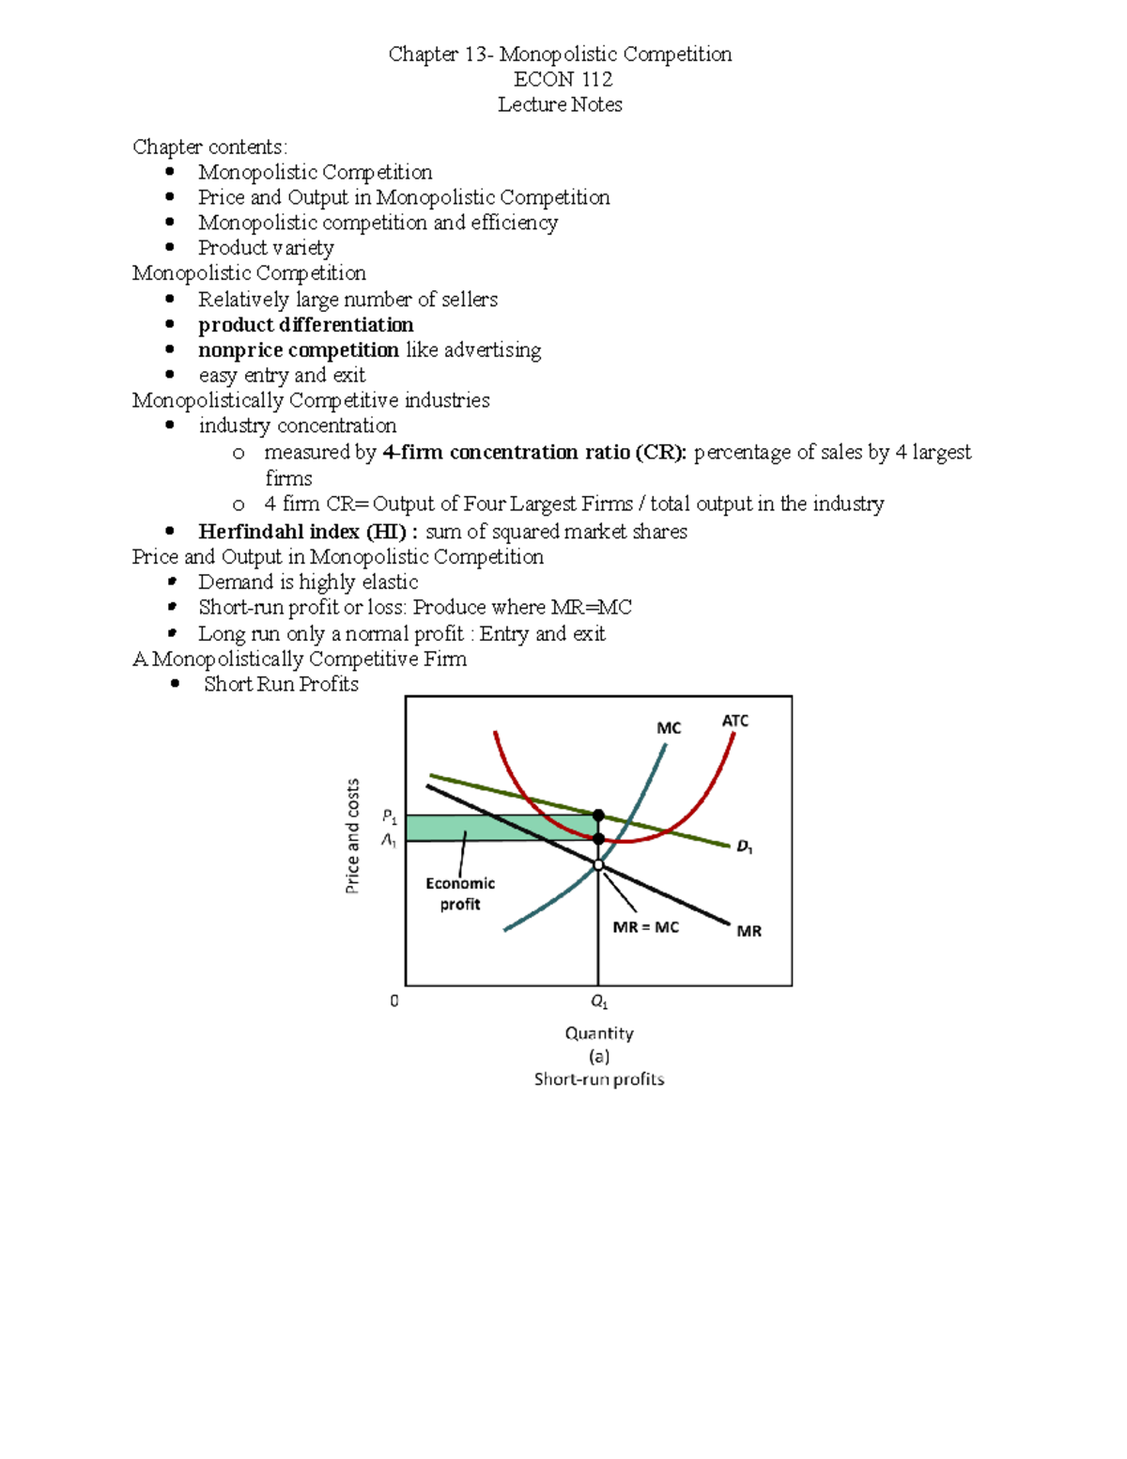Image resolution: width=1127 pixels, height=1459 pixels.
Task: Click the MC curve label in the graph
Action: (669, 728)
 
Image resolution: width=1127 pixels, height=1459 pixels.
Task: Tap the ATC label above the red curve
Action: (735, 721)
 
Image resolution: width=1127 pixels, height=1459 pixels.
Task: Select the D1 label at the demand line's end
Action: (744, 846)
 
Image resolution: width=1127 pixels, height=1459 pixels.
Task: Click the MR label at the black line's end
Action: (749, 931)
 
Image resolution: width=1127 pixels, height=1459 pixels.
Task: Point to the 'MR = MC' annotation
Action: (645, 927)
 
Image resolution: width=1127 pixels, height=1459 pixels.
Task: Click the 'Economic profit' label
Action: (460, 893)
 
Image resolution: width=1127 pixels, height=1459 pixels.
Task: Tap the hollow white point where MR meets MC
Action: (598, 864)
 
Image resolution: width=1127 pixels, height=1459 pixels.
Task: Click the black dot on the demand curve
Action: (598, 815)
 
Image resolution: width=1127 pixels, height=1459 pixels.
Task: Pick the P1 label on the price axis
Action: (389, 816)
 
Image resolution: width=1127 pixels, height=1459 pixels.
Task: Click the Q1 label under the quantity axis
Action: (598, 1002)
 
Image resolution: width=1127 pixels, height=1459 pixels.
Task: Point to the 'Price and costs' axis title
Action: (353, 836)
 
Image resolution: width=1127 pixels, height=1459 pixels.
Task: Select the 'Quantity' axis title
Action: (599, 1033)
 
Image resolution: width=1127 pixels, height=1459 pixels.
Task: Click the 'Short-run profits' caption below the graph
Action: (599, 1079)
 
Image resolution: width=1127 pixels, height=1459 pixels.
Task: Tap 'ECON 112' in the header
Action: (563, 79)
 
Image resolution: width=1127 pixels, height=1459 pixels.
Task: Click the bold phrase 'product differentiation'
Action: (305, 325)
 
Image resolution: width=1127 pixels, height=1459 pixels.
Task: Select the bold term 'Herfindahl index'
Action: (278, 532)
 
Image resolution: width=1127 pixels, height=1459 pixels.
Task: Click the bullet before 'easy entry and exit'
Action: (170, 375)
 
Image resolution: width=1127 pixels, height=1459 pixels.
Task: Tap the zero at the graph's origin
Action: (394, 1001)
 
